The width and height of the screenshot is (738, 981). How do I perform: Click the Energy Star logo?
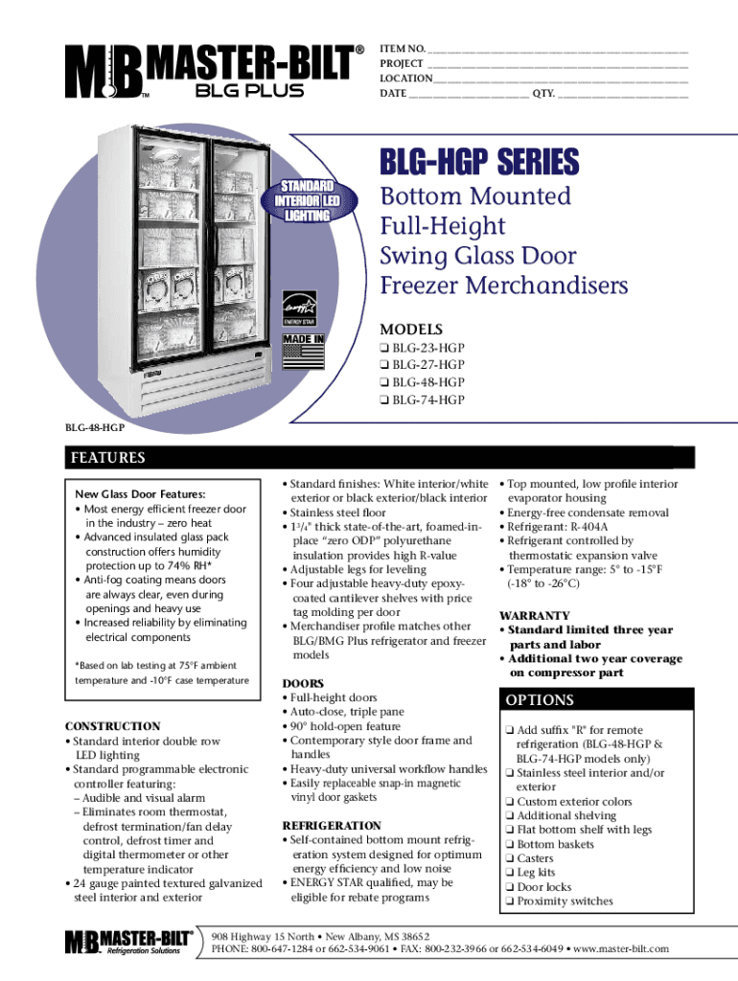click(x=299, y=311)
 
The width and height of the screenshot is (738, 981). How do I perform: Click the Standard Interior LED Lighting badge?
click(x=307, y=200)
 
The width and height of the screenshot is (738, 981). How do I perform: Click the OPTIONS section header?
click(x=542, y=700)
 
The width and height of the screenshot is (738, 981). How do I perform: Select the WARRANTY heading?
click(x=535, y=616)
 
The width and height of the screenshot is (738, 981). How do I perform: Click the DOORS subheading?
click(x=303, y=684)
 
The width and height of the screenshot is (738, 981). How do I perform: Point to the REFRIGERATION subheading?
click(x=332, y=826)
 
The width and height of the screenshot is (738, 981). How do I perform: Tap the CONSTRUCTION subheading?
click(x=111, y=726)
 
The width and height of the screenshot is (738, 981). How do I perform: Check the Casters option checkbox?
click(x=510, y=858)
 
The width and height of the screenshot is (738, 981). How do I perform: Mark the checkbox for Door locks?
click(x=510, y=887)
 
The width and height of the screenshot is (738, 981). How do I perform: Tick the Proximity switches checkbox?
click(x=510, y=901)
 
